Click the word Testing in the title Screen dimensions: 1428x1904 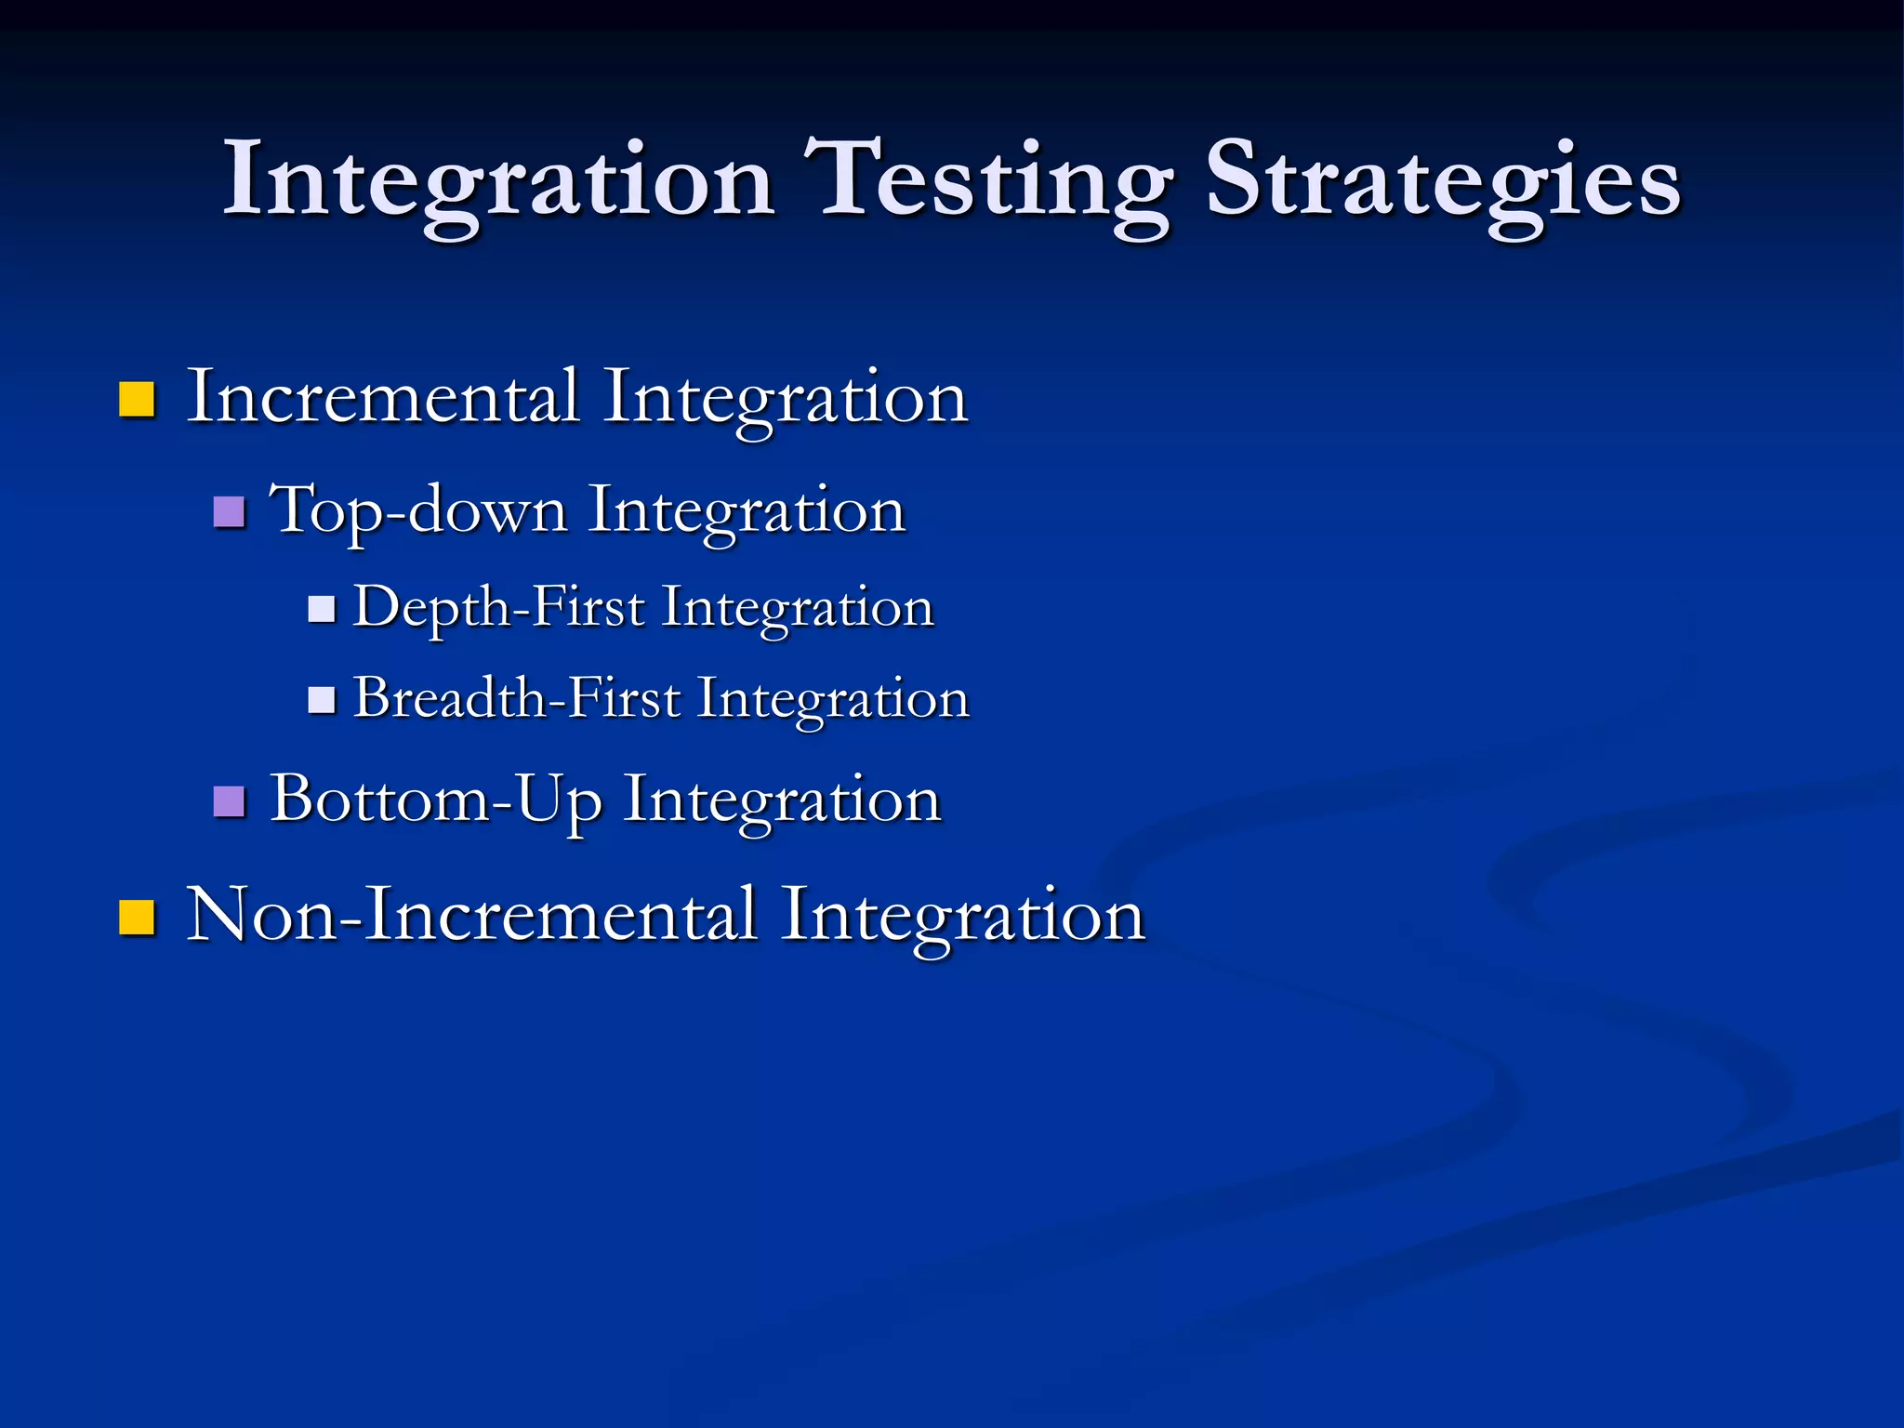click(993, 181)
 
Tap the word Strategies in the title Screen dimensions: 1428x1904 click(1443, 181)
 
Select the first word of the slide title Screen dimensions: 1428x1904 click(499, 181)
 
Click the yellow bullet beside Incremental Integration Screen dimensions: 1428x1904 click(137, 399)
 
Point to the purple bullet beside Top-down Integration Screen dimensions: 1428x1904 click(229, 511)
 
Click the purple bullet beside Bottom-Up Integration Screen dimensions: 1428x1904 click(229, 800)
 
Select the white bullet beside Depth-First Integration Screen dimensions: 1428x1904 click(321, 609)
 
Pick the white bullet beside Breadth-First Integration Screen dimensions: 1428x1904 click(321, 700)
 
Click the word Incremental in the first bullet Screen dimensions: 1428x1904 click(383, 397)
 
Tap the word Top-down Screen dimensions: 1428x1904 click(418, 511)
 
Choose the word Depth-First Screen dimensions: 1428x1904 click(499, 608)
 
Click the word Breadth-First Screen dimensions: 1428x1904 click(517, 698)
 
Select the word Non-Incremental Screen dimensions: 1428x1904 click(471, 915)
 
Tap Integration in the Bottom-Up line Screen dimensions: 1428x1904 click(782, 801)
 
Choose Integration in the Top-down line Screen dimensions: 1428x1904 click(747, 512)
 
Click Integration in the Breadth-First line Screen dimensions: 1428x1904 click(833, 700)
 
